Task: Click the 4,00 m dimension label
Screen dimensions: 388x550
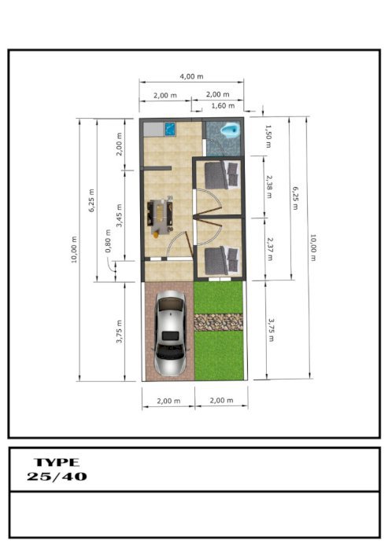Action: (191, 76)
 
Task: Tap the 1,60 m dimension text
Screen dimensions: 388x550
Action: (223, 105)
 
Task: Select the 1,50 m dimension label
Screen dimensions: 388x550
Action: (268, 136)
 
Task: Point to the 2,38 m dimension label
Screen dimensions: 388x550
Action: (269, 187)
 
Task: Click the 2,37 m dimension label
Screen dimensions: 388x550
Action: (270, 249)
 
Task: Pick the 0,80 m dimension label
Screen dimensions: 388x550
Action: (108, 241)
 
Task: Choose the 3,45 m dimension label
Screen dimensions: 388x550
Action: (119, 215)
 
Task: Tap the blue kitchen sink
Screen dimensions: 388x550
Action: (171, 129)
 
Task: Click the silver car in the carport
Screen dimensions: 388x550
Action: (171, 333)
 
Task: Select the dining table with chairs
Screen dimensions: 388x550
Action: (161, 215)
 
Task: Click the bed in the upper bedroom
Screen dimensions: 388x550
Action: (222, 174)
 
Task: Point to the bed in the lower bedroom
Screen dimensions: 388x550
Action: (222, 260)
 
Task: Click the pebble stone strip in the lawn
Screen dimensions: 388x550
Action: (218, 322)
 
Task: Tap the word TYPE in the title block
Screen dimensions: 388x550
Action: (57, 462)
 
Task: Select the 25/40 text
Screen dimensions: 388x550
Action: (57, 476)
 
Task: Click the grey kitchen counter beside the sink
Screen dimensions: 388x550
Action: (154, 129)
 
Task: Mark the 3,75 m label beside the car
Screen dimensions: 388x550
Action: (119, 332)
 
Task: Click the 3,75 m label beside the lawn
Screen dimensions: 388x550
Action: (271, 330)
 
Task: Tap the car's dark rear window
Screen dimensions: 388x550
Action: (171, 335)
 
